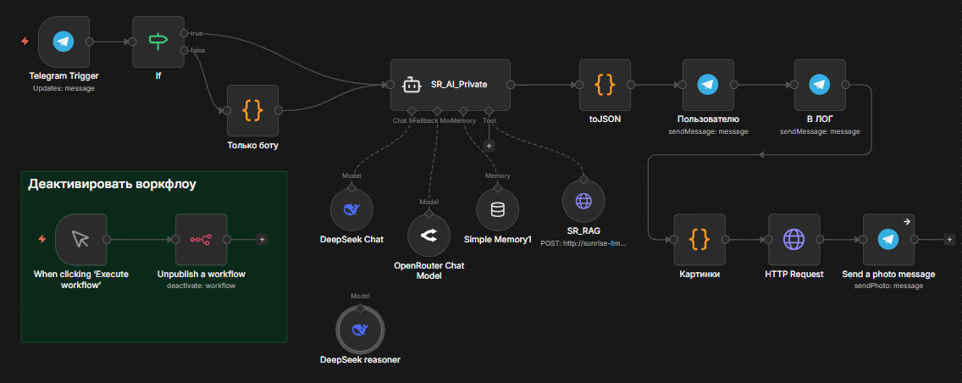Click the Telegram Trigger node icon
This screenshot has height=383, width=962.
pyautogui.click(x=64, y=42)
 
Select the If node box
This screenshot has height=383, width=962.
pyautogui.click(x=158, y=42)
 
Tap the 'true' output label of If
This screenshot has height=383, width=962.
pyautogui.click(x=196, y=33)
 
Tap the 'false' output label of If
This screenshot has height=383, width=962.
pyautogui.click(x=197, y=50)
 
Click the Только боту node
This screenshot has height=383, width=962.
pyautogui.click(x=252, y=110)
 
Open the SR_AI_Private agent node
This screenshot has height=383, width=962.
pyautogui.click(x=450, y=85)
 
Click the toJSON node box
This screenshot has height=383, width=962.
pyautogui.click(x=605, y=85)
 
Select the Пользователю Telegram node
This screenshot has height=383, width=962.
pyautogui.click(x=708, y=85)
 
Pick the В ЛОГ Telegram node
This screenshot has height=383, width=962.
pyautogui.click(x=819, y=85)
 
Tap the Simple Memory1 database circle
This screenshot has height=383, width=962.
pyautogui.click(x=497, y=208)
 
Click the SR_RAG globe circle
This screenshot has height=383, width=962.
pyautogui.click(x=583, y=201)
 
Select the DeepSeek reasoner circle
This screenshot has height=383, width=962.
pyautogui.click(x=360, y=328)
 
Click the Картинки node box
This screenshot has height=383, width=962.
pyautogui.click(x=699, y=240)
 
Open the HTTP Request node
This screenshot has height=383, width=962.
pyautogui.click(x=793, y=240)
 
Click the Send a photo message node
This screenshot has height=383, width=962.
pyautogui.click(x=888, y=240)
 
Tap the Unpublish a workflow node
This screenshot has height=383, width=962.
pyautogui.click(x=201, y=239)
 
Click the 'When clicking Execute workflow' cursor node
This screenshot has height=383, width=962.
pyautogui.click(x=81, y=239)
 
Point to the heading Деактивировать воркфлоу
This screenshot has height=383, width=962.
pyautogui.click(x=113, y=185)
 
